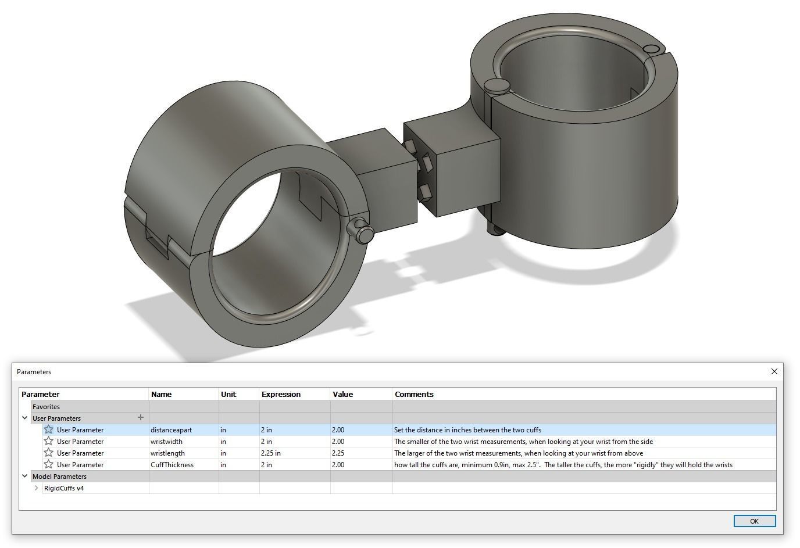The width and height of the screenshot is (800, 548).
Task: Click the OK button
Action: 754,521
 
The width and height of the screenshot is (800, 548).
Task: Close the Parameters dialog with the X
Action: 774,371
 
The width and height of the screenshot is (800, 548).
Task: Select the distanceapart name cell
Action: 171,430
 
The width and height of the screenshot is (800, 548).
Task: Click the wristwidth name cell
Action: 166,442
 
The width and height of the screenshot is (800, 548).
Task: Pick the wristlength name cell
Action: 167,453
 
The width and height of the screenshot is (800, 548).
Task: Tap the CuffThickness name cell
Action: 172,465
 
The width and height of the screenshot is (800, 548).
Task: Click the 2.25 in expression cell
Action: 271,453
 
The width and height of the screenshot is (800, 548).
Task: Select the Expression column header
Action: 281,395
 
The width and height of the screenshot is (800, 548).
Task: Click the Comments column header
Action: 414,395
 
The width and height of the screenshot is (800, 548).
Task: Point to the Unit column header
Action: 228,395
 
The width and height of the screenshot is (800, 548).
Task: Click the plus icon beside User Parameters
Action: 140,418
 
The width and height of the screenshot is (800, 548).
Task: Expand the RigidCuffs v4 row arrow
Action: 37,488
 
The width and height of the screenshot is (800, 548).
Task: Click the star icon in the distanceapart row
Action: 49,430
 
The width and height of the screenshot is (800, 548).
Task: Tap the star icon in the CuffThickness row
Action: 49,465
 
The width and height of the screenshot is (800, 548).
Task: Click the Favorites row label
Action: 46,407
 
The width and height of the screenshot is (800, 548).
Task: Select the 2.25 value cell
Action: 338,453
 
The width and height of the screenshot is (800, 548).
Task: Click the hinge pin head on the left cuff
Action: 365,234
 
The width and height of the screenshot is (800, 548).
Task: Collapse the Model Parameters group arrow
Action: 25,477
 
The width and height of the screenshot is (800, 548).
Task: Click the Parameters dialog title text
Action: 34,372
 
